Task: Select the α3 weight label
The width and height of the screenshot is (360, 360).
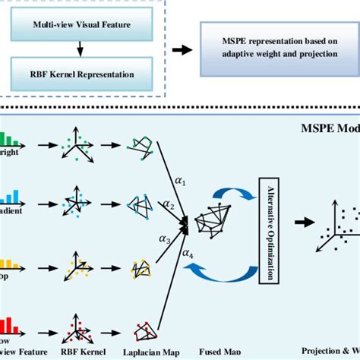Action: point(165,238)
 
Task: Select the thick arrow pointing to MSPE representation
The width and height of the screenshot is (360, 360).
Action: point(182,50)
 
